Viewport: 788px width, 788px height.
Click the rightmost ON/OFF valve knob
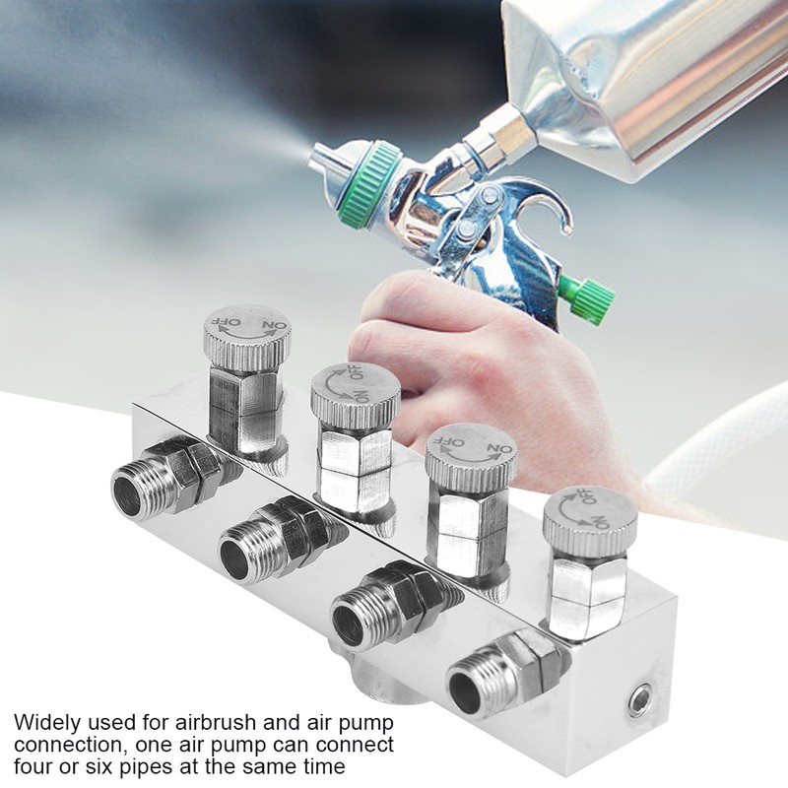(589, 516)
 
